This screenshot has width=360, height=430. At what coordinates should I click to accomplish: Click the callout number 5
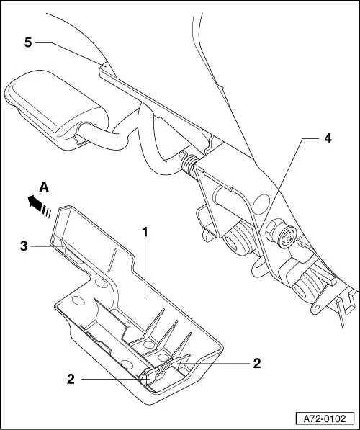(x=27, y=43)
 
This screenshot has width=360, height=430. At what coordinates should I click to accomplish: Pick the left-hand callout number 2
(x=71, y=378)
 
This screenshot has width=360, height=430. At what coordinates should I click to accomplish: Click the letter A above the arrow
(x=44, y=186)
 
